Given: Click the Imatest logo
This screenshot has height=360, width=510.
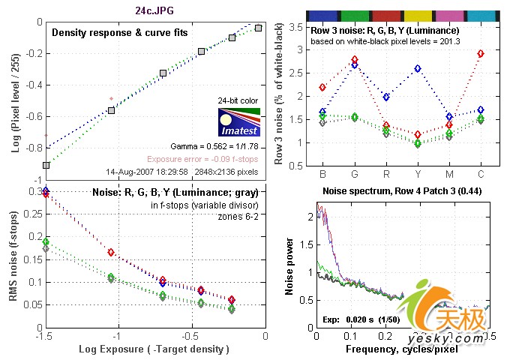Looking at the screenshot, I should tap(238, 124).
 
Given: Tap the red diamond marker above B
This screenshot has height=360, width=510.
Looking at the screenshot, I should tap(322, 87).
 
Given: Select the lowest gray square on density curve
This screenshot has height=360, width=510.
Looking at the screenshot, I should tap(46, 164).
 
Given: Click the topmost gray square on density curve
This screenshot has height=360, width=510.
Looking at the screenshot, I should tap(258, 28).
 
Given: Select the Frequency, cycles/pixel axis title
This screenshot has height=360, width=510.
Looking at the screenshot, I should tap(401, 349).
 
